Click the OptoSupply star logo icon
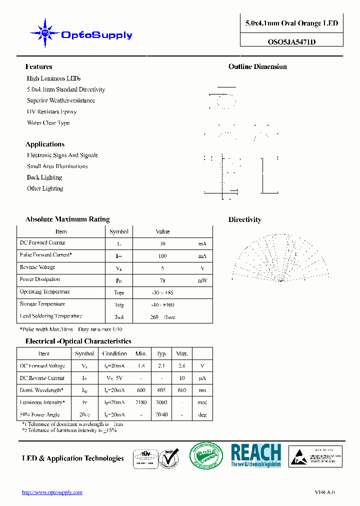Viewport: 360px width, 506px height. pyautogui.click(x=45, y=33)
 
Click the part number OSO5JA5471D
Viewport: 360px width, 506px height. pyautogui.click(x=291, y=42)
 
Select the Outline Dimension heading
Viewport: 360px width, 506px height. pyautogui.click(x=257, y=66)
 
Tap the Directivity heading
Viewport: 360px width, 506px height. pyautogui.click(x=244, y=219)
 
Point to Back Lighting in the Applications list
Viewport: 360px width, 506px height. pyautogui.click(x=44, y=177)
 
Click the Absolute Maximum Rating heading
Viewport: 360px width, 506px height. pyautogui.click(x=67, y=219)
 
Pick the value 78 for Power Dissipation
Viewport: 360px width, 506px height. pyautogui.click(x=162, y=280)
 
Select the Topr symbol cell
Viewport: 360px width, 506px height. pyautogui.click(x=118, y=292)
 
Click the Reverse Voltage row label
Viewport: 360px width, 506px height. pyautogui.click(x=37, y=267)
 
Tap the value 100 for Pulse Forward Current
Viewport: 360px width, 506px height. pyautogui.click(x=162, y=256)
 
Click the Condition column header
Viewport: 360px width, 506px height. pyautogui.click(x=114, y=353)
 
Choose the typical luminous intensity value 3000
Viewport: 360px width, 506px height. pyautogui.click(x=161, y=402)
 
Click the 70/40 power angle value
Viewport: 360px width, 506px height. pyautogui.click(x=161, y=414)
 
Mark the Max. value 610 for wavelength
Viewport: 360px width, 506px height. pyautogui.click(x=181, y=390)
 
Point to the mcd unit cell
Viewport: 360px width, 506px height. pyautogui.click(x=201, y=402)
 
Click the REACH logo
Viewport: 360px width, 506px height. pyautogui.click(x=256, y=455)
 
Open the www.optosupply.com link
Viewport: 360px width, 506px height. pyautogui.click(x=52, y=492)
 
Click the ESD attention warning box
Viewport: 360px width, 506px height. pyautogui.click(x=315, y=456)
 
